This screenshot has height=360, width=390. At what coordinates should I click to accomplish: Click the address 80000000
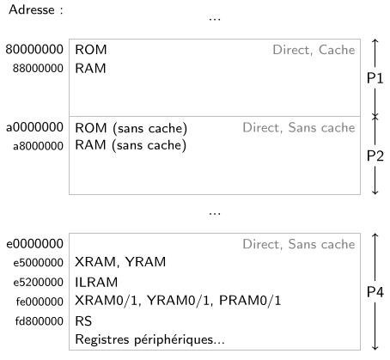[x=34, y=49]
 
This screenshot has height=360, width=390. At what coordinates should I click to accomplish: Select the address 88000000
[x=38, y=69]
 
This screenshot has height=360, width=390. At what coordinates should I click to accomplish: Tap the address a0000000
[x=34, y=127]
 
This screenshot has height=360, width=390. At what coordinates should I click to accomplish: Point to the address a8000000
[x=38, y=146]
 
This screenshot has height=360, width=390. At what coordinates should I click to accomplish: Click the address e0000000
[x=34, y=244]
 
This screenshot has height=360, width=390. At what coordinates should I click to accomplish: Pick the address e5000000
[x=38, y=263]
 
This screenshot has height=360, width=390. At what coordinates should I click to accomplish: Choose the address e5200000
[x=38, y=283]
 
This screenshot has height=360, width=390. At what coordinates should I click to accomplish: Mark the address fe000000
[x=40, y=302]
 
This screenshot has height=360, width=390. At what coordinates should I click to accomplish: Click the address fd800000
[x=40, y=321]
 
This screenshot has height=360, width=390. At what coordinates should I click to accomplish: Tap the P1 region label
[x=375, y=78]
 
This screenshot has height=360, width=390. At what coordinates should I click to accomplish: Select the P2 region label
[x=375, y=156]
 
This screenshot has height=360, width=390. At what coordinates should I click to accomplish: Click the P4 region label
[x=375, y=292]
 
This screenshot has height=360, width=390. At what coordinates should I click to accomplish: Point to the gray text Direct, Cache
[x=314, y=50]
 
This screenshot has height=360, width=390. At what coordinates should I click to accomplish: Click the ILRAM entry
[x=96, y=283]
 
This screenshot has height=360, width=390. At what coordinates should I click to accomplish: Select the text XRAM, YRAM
[x=120, y=262]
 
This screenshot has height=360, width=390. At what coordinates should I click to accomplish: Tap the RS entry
[x=83, y=321]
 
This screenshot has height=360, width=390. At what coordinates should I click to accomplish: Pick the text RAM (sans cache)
[x=131, y=145]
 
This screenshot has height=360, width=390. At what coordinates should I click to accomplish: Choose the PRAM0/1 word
[x=250, y=301]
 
